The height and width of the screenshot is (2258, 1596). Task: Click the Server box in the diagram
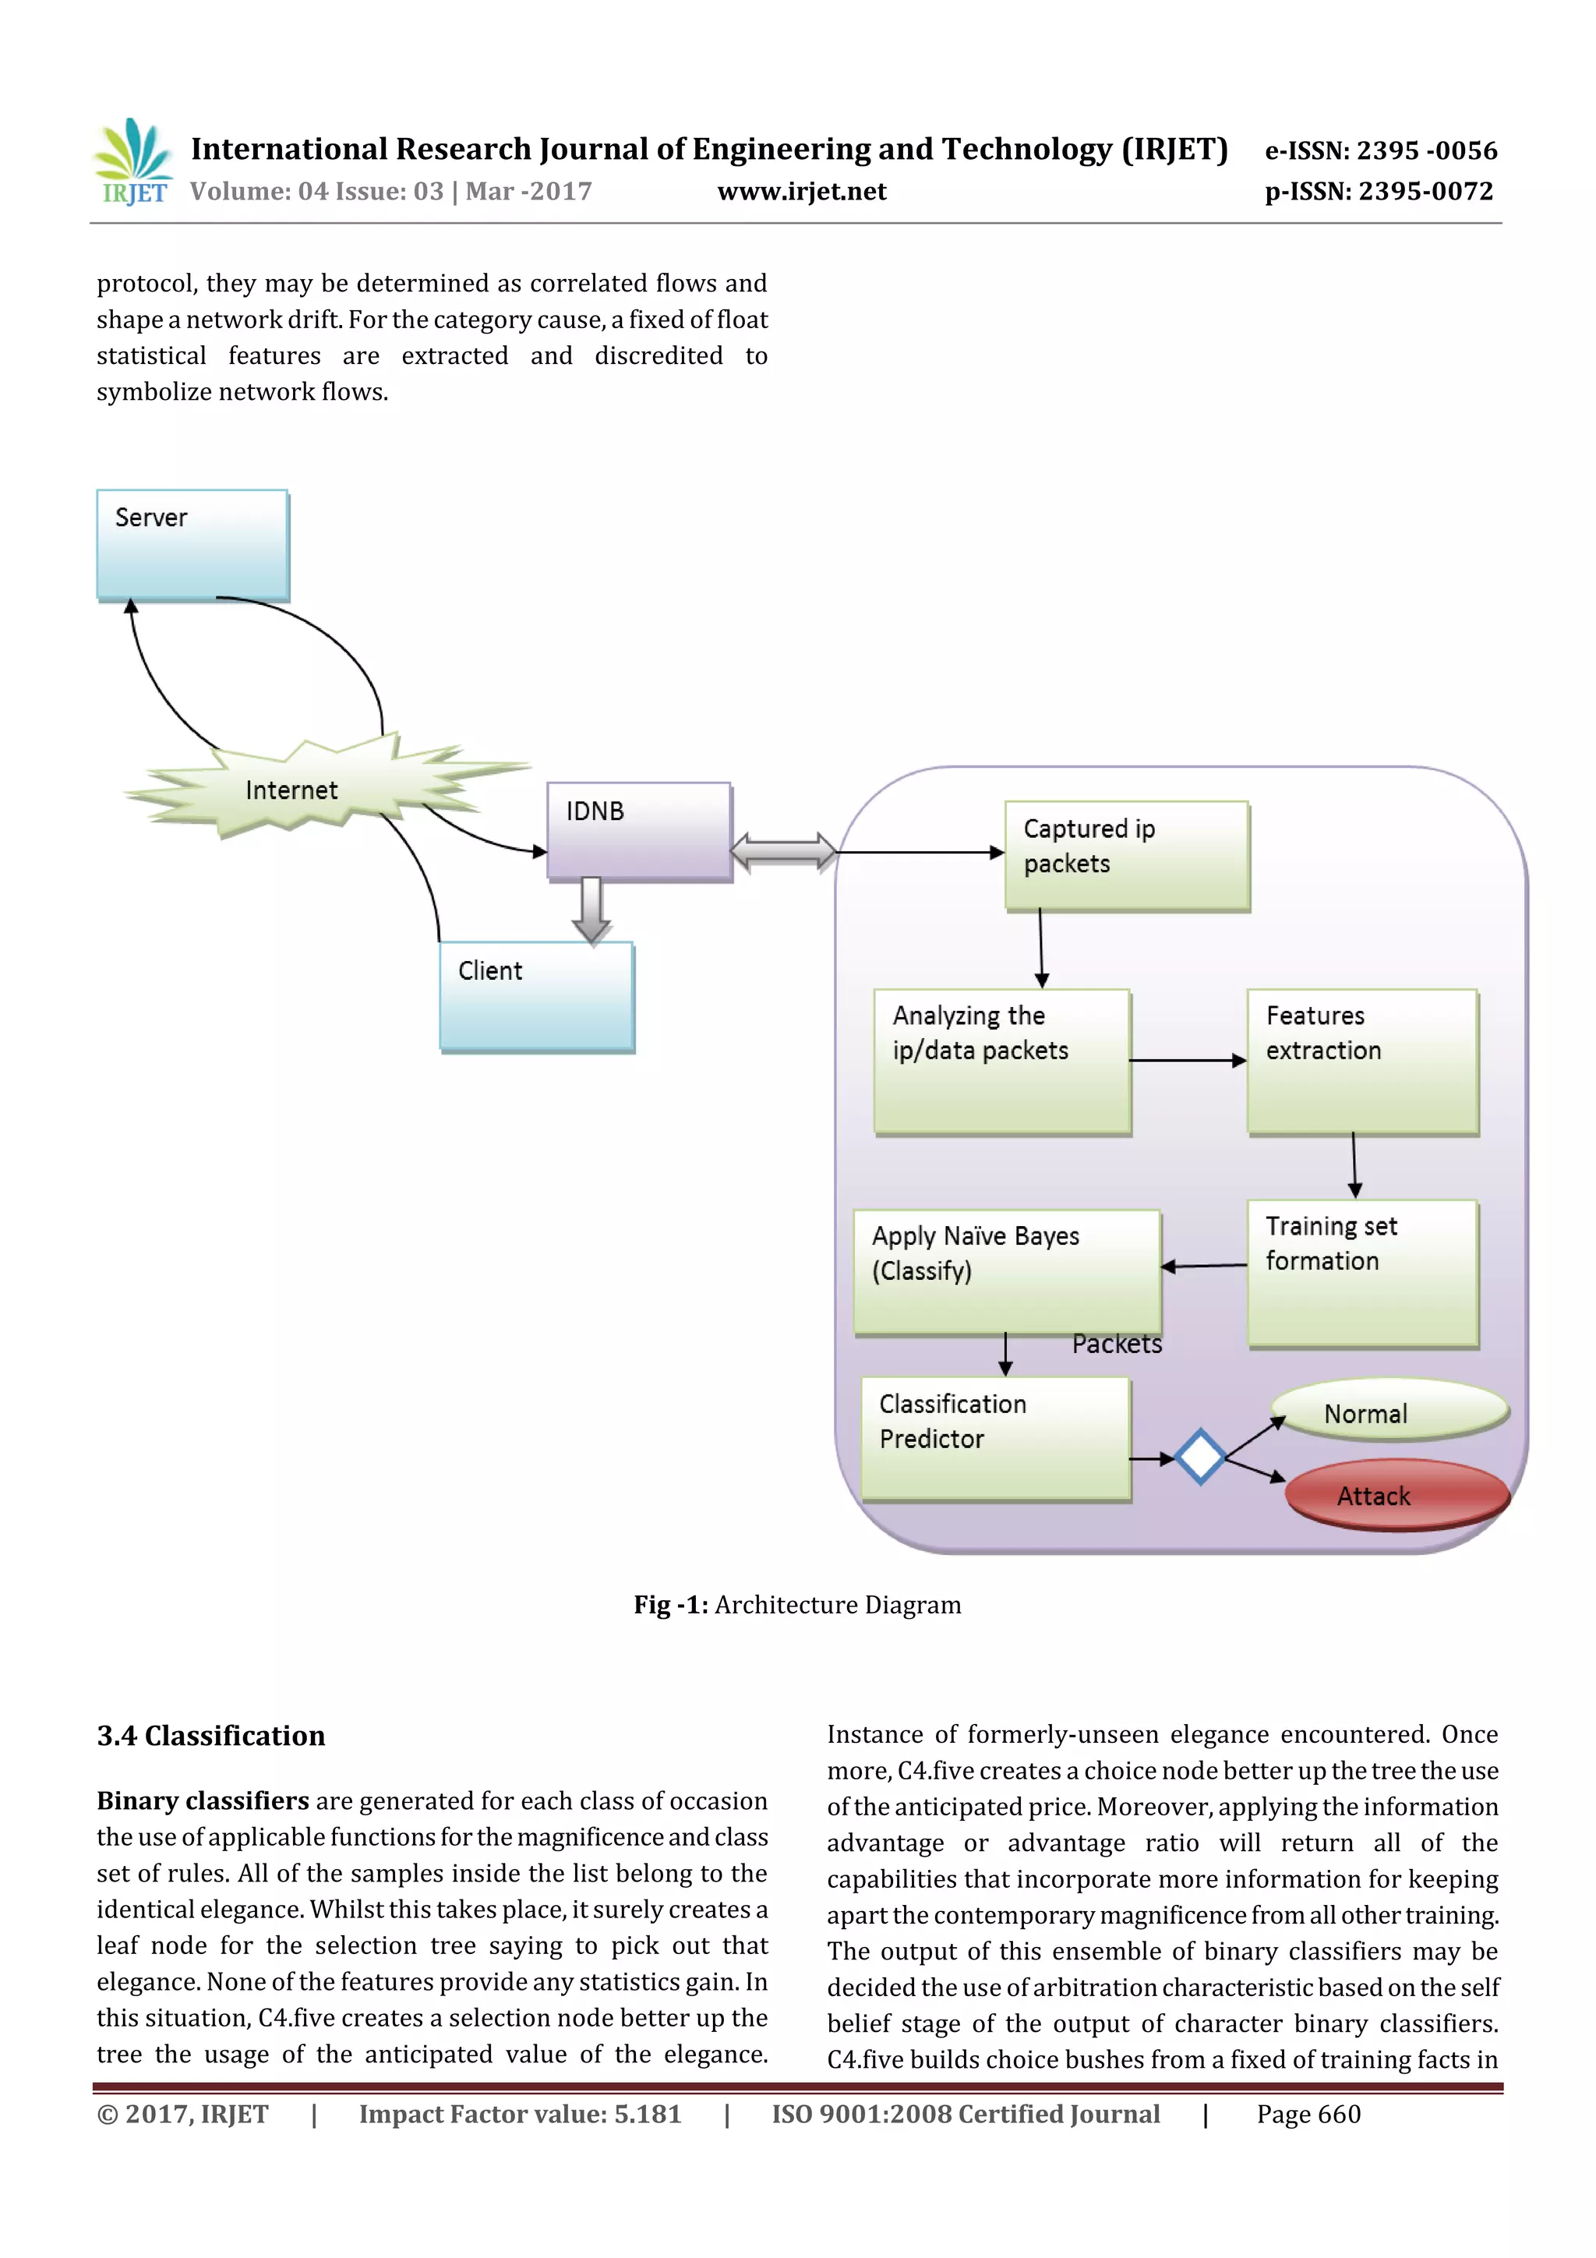192,545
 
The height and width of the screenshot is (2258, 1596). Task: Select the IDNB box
638,830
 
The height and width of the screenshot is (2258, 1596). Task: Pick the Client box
536,996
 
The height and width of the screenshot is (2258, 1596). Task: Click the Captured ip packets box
1126,854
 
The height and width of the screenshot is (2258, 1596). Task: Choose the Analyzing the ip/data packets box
1001,1061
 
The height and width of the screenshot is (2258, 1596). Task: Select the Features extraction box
1362,1061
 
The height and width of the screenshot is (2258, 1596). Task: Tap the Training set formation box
1362,1271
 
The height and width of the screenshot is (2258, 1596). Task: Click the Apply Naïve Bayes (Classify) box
1006,1271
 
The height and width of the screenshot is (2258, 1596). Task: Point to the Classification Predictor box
995,1436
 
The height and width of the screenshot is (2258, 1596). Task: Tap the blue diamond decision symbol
1199,1457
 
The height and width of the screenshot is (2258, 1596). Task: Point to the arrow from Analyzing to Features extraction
1187,1060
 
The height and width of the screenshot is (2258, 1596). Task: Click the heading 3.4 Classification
210,1736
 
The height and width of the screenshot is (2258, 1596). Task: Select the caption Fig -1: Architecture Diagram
796,1605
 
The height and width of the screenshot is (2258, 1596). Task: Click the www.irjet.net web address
801,192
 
